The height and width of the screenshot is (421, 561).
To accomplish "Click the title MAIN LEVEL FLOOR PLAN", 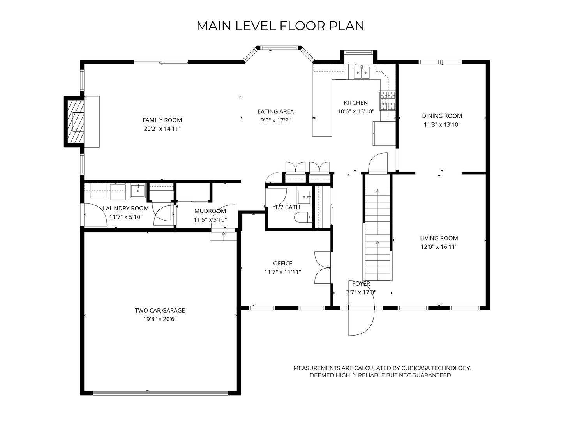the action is tap(280, 26).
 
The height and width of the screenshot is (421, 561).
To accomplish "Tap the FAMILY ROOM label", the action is tap(162, 120).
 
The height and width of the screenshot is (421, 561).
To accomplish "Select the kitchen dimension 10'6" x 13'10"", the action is tap(356, 111).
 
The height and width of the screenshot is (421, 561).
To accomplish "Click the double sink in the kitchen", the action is tap(362, 73).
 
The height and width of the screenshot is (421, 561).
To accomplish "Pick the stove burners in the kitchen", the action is tap(387, 101).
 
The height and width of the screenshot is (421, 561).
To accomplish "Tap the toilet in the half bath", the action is tap(303, 218).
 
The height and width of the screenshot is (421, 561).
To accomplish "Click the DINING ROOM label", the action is tap(442, 116).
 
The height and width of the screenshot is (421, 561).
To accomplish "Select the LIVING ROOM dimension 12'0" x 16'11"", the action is tap(439, 247).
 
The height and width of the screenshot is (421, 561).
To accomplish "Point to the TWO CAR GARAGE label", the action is tap(160, 311).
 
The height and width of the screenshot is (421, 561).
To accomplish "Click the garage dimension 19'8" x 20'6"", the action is tap(160, 319).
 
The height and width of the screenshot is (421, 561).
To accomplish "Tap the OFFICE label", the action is tap(283, 263).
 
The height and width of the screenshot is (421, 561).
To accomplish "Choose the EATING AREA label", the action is tap(275, 111).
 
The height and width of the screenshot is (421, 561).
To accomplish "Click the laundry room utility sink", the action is tap(138, 191).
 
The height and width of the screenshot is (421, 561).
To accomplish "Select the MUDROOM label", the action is tap(210, 211).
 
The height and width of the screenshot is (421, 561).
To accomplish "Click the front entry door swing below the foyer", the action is tap(361, 322).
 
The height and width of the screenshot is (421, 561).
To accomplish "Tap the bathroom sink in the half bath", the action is tap(304, 197).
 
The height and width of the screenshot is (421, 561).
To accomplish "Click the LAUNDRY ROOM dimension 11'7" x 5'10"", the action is tap(126, 217).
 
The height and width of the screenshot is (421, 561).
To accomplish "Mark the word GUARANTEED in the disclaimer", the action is tap(432, 375).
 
